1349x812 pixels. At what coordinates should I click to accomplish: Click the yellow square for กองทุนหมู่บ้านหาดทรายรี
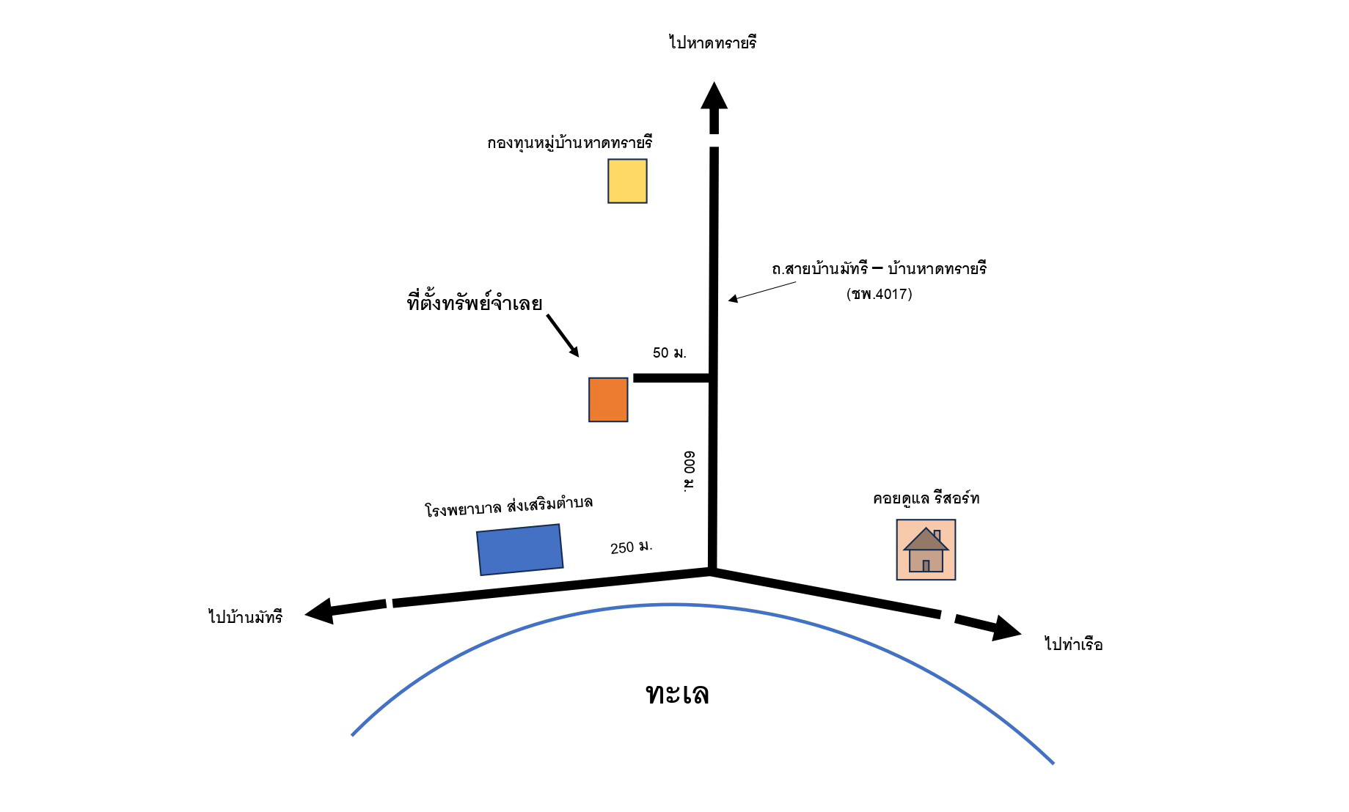pos(627,181)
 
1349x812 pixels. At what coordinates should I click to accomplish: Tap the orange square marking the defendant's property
pos(608,399)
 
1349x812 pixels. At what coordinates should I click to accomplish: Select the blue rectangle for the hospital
pos(520,550)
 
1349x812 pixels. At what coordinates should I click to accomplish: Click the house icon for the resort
pos(926,550)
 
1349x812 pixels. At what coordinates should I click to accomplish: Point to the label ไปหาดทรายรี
pos(712,42)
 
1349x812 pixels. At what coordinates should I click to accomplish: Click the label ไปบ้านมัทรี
pos(245,616)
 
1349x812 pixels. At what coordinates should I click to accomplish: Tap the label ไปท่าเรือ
pos(1073,643)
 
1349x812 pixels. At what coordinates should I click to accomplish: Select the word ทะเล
pos(677,693)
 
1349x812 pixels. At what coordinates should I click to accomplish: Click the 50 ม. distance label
pos(670,353)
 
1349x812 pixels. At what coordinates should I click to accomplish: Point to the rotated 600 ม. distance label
pos(689,471)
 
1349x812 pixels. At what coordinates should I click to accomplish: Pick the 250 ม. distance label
pos(632,547)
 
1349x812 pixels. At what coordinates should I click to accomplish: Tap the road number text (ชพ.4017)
pos(879,294)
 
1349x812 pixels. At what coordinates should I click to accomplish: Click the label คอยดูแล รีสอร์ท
pos(926,498)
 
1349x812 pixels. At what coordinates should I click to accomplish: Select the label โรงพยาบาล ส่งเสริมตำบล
pos(508,506)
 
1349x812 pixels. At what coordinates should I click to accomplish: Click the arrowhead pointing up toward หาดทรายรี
pos(714,95)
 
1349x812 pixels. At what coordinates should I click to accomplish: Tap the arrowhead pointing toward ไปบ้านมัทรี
pos(320,610)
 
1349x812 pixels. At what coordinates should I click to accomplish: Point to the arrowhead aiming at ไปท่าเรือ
pos(1006,628)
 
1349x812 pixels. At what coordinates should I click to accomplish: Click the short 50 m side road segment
pos(673,378)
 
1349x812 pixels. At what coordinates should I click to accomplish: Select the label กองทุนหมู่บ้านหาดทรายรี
pos(569,142)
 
